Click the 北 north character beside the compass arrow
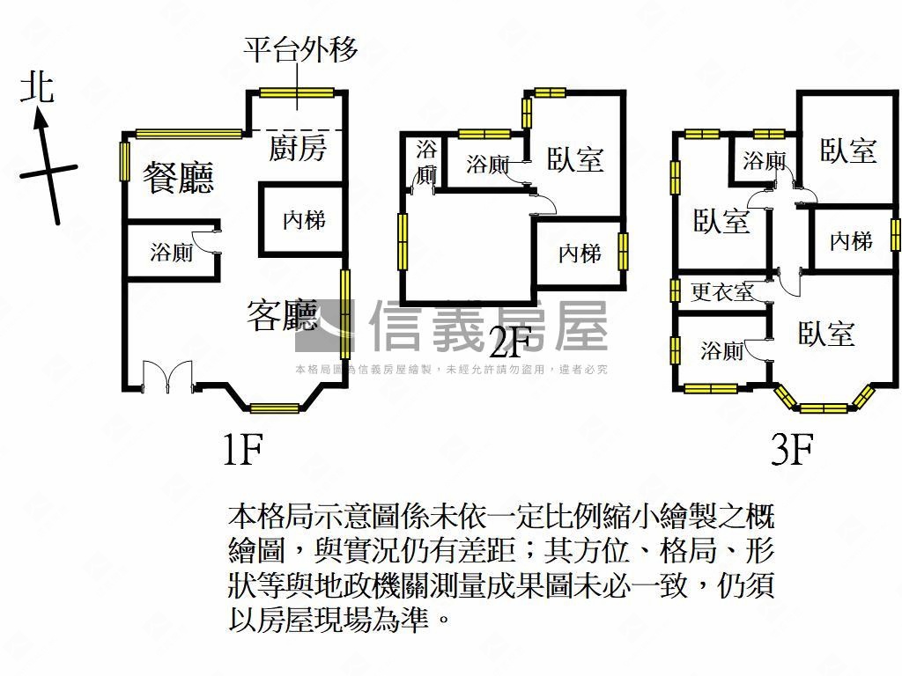tap(37, 88)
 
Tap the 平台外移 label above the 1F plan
tap(299, 49)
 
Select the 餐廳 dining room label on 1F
tap(178, 177)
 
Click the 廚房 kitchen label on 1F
tap(298, 148)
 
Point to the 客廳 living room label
tap(282, 315)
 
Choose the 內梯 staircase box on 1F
tap(303, 219)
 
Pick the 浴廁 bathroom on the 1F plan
tap(172, 251)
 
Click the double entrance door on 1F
tap(167, 377)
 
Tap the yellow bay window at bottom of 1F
tap(275, 408)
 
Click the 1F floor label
tap(242, 450)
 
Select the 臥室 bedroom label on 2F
tap(574, 159)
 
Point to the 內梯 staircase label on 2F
tap(580, 253)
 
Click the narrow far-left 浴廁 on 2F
tap(426, 163)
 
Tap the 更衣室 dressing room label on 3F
tap(722, 292)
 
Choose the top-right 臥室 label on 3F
tap(848, 151)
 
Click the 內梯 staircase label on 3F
tap(851, 241)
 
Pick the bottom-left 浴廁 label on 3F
tap(721, 349)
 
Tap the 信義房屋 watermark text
tap(488, 326)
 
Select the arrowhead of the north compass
tap(40, 119)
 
